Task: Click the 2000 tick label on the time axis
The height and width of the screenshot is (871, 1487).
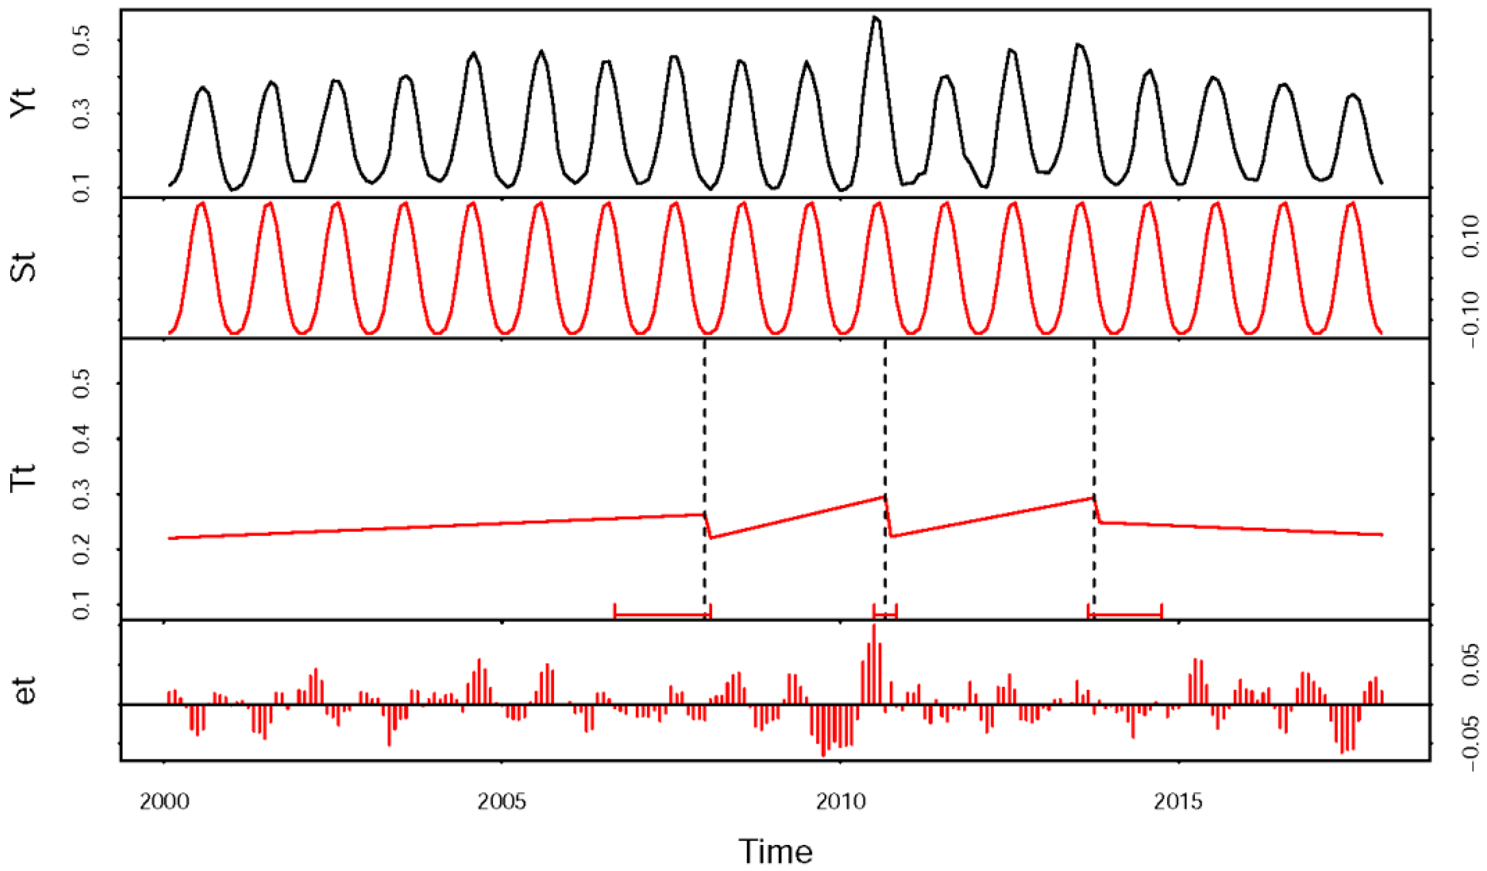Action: [164, 802]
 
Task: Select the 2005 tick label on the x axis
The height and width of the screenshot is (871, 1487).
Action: [501, 802]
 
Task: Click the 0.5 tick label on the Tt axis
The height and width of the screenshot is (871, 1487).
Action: [82, 384]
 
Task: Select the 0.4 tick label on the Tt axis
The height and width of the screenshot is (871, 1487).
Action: [82, 439]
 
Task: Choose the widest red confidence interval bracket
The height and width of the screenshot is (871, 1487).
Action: [662, 615]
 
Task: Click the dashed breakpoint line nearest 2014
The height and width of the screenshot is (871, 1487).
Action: [1095, 413]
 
